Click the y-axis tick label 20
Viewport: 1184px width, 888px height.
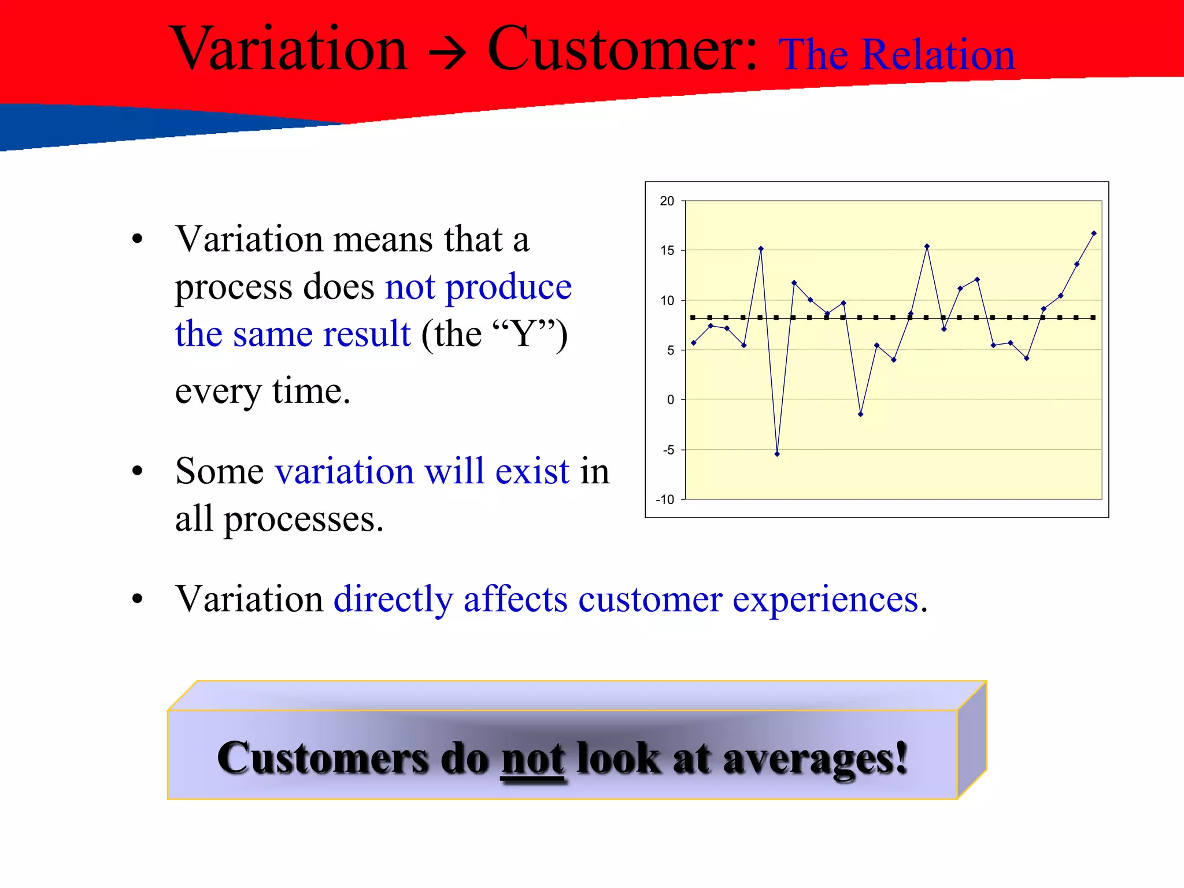click(667, 201)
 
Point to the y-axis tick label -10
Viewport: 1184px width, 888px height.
click(665, 499)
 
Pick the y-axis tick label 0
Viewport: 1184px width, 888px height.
click(671, 399)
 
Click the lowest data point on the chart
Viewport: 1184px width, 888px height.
click(777, 454)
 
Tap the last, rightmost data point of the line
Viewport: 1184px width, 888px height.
click(1094, 234)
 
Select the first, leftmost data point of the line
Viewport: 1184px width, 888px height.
click(694, 343)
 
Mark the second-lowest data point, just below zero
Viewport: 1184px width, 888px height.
click(860, 415)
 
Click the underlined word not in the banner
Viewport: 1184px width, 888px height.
click(533, 758)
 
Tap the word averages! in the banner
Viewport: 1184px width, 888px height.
click(815, 758)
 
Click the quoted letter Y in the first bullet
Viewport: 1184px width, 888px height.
click(524, 334)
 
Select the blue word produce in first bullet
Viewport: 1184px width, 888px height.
click(509, 287)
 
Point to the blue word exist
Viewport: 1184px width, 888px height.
click(532, 471)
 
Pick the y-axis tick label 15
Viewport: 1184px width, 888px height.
click(667, 251)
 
